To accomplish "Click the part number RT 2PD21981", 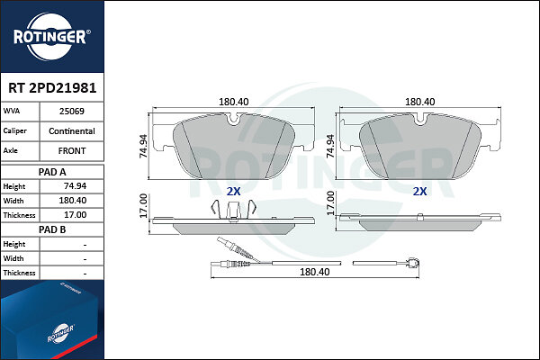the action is pos(52,88).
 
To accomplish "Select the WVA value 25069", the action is pos(72,112).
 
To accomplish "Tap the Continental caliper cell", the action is pos(72,131).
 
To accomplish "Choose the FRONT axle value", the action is pos(72,151).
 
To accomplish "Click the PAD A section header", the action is pos(52,172).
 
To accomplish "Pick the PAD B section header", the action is pos(52,229).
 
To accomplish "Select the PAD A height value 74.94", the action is pos(75,186).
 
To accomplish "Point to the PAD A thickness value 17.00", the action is pos(75,215).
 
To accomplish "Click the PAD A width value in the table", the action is pos(73,201).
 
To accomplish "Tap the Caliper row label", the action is pos(14,130).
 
